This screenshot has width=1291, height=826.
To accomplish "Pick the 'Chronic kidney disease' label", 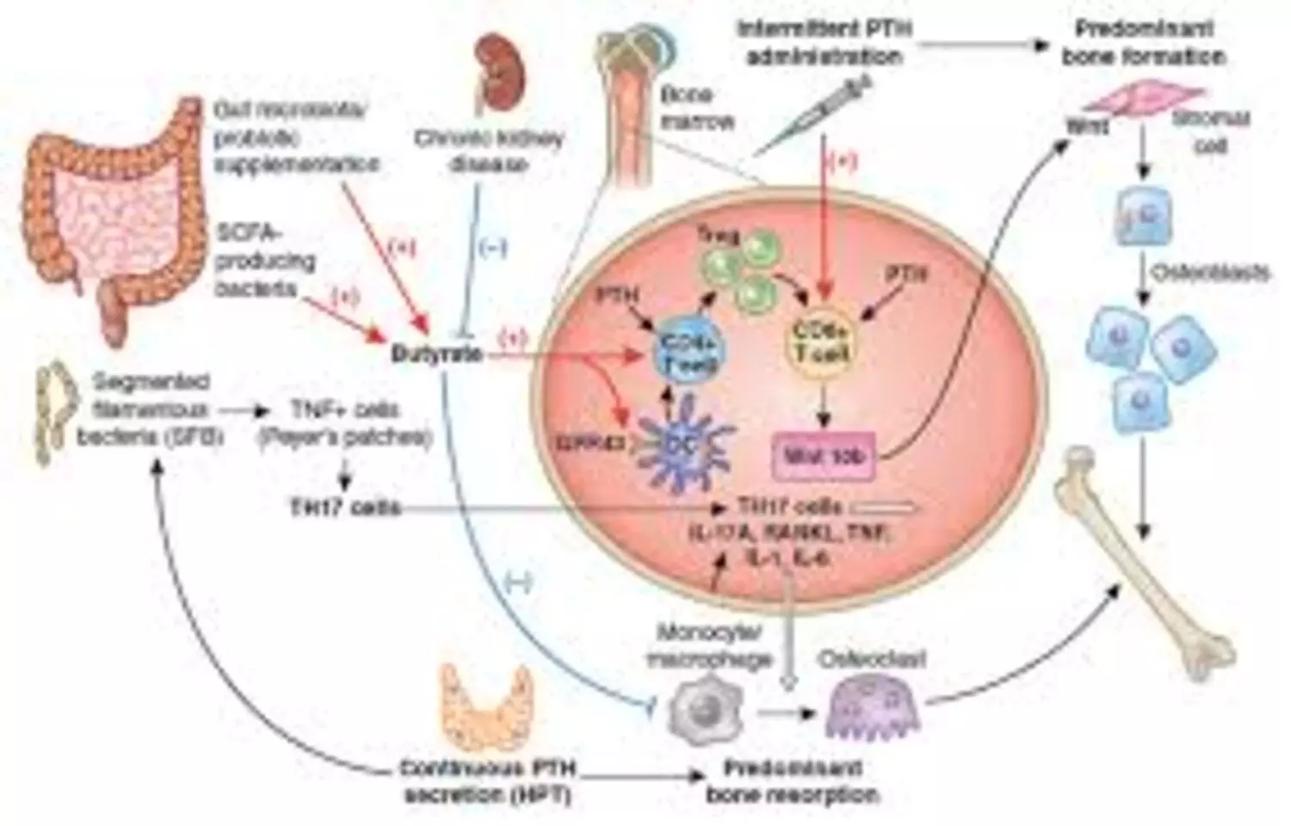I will (488, 151).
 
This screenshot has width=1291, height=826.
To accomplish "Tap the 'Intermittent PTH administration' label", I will (824, 42).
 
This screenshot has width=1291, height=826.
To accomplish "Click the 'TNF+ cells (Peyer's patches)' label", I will (344, 423).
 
